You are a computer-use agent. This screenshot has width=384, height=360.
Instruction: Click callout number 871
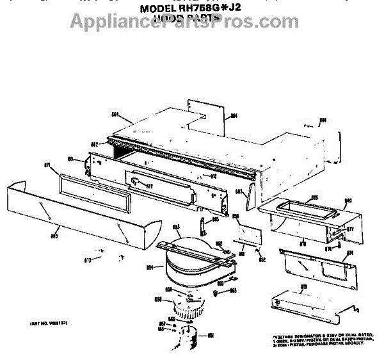pyautogui.click(x=47, y=165)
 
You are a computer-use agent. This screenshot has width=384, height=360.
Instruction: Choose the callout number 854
pyautogui.click(x=150, y=267)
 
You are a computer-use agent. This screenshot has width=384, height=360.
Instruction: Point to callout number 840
pyautogui.click(x=349, y=200)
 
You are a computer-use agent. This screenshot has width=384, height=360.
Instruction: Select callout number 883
pyautogui.click(x=238, y=191)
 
